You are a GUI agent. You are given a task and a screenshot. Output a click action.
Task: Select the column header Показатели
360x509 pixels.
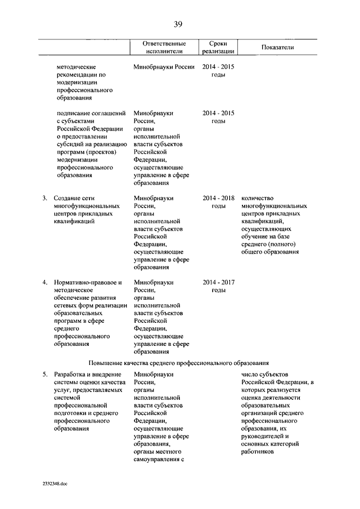point(277,47)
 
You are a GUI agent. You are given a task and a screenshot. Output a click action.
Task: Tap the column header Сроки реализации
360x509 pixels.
point(218,47)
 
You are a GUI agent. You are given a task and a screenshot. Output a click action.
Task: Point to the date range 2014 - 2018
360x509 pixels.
point(218,199)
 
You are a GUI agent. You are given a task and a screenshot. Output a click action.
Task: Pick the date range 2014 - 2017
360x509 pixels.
point(218,282)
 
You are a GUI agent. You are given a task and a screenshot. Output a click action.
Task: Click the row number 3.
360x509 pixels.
point(44,199)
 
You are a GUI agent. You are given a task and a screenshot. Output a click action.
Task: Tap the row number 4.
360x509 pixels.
point(44,282)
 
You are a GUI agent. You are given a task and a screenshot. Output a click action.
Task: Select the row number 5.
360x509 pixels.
point(44,374)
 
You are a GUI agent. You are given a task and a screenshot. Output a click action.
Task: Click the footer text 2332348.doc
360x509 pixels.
point(55,483)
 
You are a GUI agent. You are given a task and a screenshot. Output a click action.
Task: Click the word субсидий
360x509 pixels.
point(71,144)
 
